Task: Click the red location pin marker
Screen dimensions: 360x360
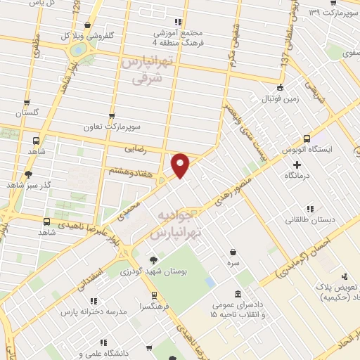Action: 181,165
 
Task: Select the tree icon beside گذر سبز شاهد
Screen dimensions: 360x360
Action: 28,174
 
